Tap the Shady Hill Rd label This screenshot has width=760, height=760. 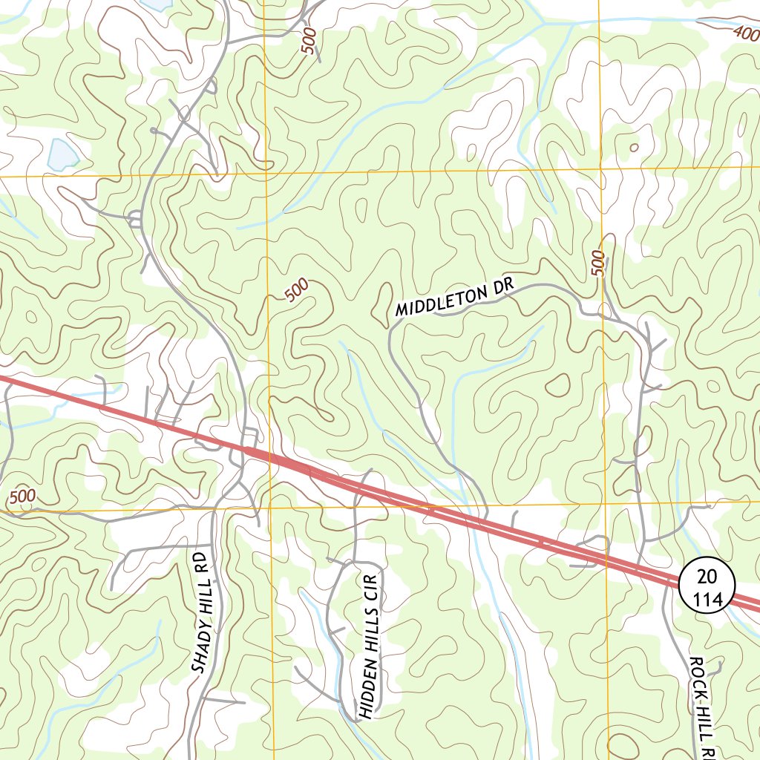[201, 612]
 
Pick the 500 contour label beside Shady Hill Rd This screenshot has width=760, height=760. [23, 495]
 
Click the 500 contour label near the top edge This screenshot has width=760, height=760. [309, 39]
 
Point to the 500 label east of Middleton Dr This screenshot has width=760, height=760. [598, 263]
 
